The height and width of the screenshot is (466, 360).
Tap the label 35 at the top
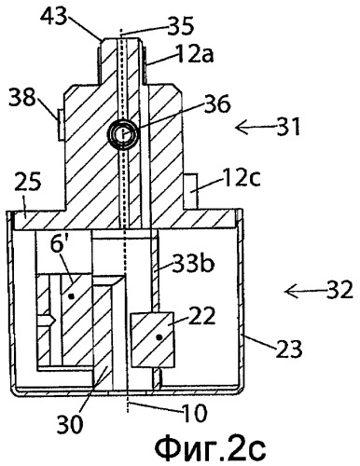click(x=180, y=25)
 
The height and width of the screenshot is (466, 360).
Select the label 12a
click(x=194, y=54)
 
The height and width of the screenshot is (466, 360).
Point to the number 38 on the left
click(x=22, y=97)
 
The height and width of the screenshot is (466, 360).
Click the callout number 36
click(x=216, y=104)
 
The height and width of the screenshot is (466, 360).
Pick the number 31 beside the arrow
click(x=288, y=127)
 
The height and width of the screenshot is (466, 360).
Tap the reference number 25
click(x=27, y=183)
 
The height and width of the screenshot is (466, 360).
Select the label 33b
click(x=193, y=264)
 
